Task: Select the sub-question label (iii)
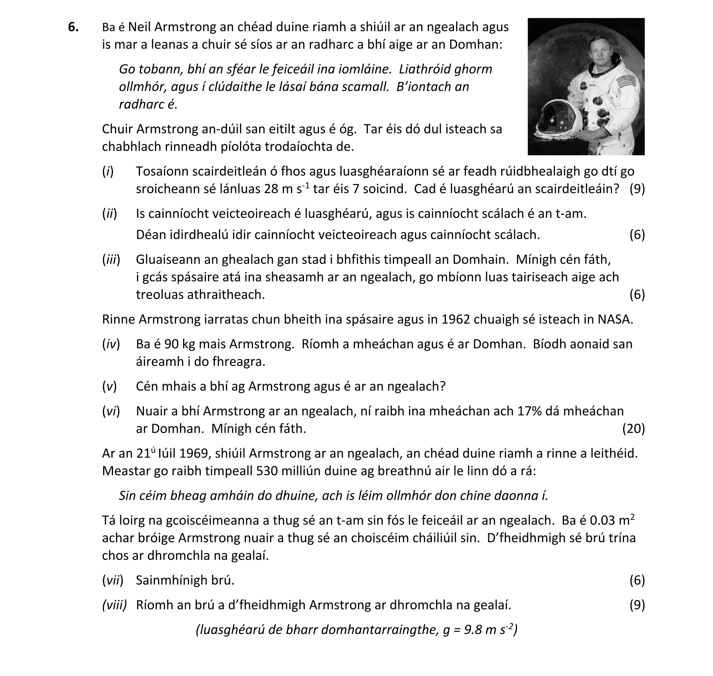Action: point(111,259)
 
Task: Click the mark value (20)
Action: point(633,429)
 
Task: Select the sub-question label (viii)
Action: point(115,605)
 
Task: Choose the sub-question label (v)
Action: point(109,386)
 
